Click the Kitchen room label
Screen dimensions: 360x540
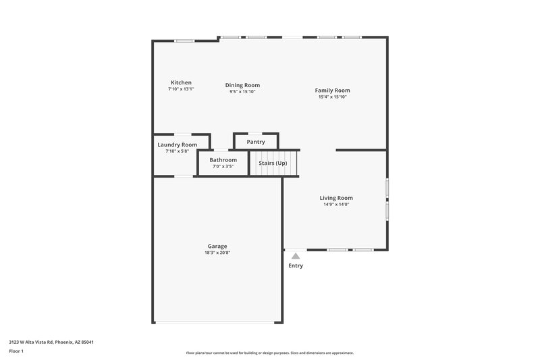click(181, 82)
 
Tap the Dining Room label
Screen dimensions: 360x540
click(242, 85)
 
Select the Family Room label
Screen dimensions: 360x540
click(332, 91)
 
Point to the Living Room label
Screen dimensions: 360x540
click(336, 198)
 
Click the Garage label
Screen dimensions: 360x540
click(217, 247)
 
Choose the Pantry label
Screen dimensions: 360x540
click(256, 142)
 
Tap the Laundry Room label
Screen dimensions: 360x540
click(178, 145)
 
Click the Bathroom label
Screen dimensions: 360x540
click(223, 160)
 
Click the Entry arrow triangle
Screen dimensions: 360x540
click(296, 256)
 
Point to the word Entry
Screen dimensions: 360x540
click(296, 265)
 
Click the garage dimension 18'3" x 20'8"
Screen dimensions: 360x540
click(217, 253)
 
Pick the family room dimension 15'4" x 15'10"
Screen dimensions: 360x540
click(332, 97)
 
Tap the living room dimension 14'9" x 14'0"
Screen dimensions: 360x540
click(336, 204)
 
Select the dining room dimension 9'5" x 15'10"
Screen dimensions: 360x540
click(242, 91)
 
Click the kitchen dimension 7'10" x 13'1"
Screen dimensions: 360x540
click(181, 88)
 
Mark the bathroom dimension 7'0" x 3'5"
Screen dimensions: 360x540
click(223, 166)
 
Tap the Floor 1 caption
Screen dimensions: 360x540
click(17, 352)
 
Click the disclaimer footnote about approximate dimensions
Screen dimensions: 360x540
click(270, 353)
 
